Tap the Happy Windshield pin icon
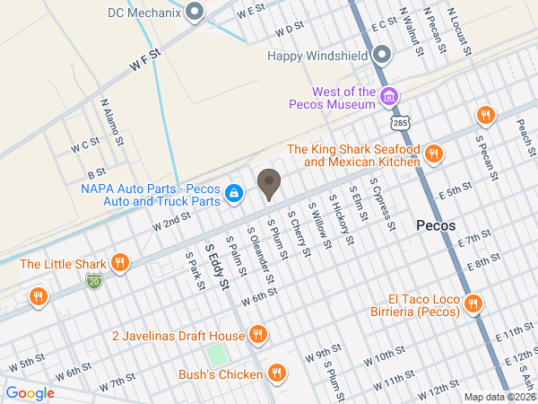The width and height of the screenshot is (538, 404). pyautogui.click(x=382, y=56)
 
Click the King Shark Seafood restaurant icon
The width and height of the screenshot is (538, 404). pyautogui.click(x=434, y=154)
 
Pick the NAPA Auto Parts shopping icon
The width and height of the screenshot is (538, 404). pyautogui.click(x=233, y=192)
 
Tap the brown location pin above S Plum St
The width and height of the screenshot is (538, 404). pyautogui.click(x=268, y=185)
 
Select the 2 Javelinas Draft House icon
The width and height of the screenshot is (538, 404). pyautogui.click(x=258, y=336)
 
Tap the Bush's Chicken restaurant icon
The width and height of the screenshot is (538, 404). pyautogui.click(x=277, y=373)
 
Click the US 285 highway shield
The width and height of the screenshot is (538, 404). pyautogui.click(x=398, y=120)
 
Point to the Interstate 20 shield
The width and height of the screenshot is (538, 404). pyautogui.click(x=94, y=281)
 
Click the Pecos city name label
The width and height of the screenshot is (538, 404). pyautogui.click(x=437, y=225)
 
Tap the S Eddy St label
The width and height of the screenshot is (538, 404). pyautogui.click(x=216, y=267)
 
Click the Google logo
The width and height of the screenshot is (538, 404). pyautogui.click(x=30, y=392)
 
